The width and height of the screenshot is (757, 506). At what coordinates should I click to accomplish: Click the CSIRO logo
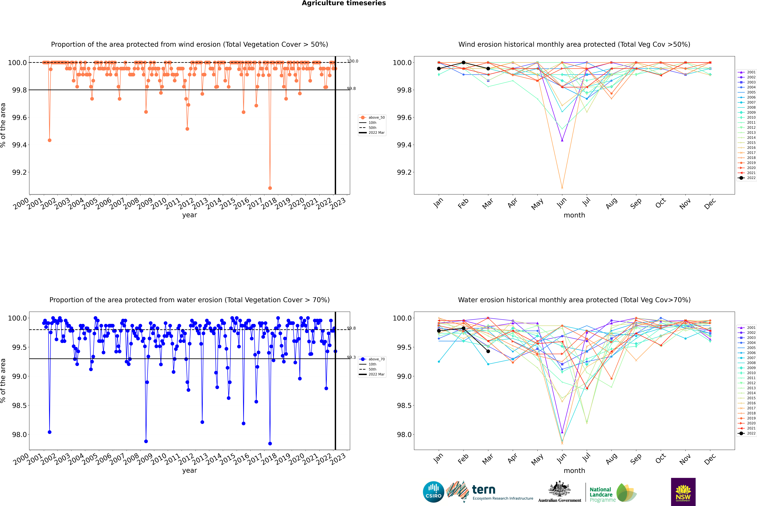point(433,492)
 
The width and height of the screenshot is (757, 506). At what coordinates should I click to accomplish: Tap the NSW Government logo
point(683,492)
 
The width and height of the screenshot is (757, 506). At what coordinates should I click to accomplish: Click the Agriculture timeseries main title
point(344,3)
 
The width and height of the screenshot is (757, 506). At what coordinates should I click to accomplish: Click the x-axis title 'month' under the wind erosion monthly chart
point(574,215)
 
